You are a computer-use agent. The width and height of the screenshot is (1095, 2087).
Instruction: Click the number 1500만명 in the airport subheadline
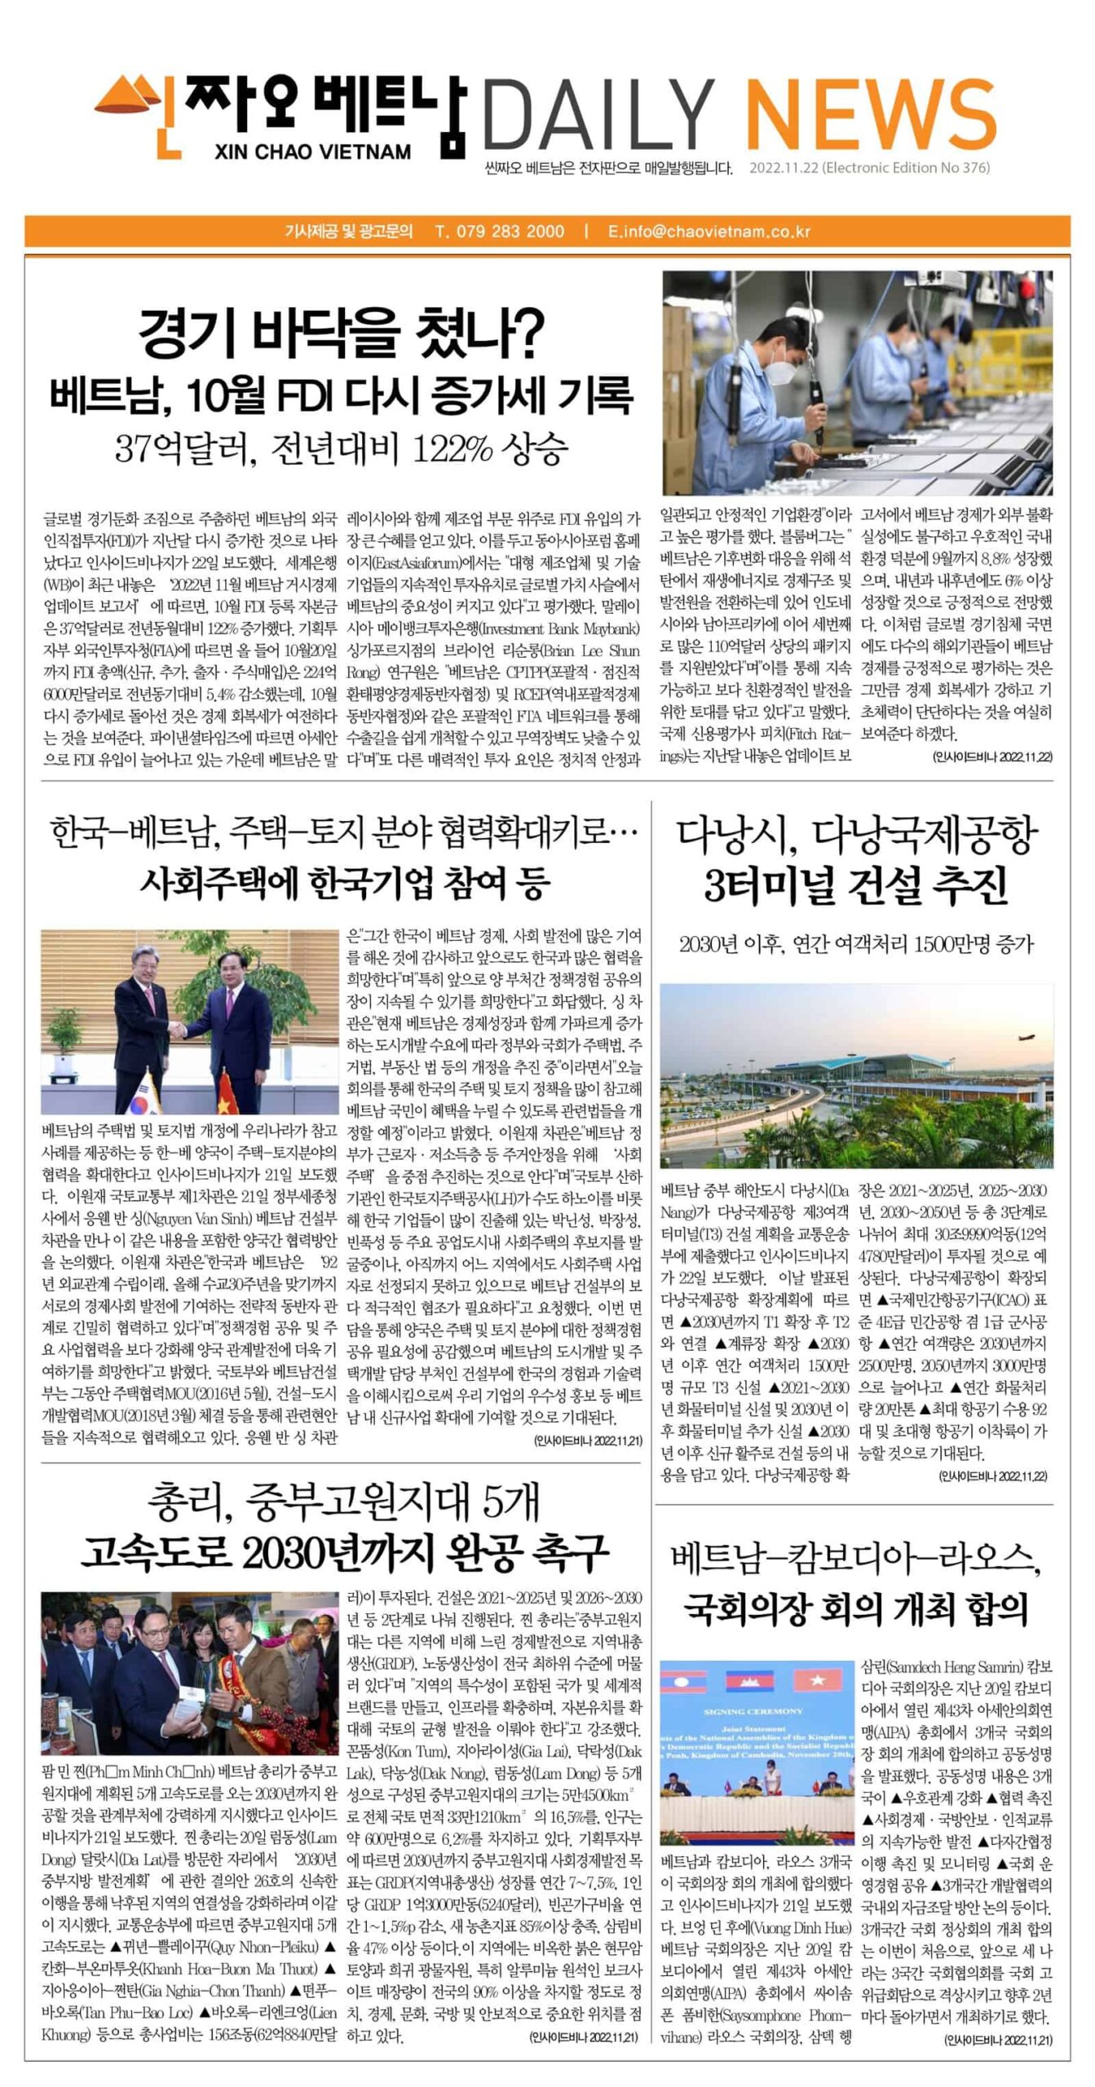(x=958, y=944)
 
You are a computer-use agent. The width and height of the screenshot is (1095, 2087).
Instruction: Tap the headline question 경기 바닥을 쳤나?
(x=341, y=332)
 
